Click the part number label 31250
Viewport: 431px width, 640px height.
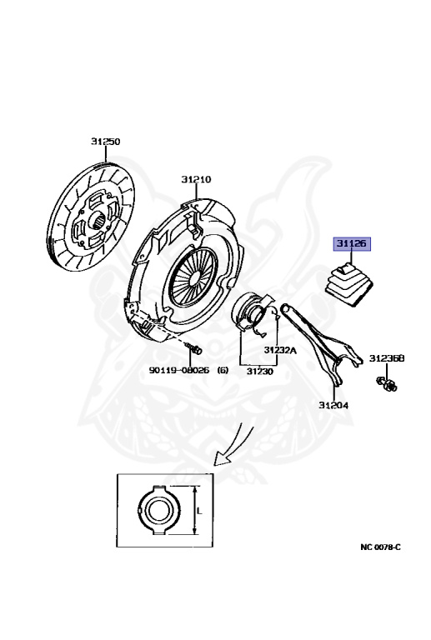(105, 142)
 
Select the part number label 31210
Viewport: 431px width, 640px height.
(196, 179)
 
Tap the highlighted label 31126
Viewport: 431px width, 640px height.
(352, 243)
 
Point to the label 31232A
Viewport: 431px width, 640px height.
(280, 350)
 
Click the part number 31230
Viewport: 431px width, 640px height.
(260, 372)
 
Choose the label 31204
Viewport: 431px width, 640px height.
(333, 405)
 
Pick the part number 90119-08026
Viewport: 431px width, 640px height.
(178, 370)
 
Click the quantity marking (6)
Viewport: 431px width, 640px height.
(223, 370)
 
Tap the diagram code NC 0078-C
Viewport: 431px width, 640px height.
(380, 547)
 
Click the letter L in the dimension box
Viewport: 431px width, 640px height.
(199, 511)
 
